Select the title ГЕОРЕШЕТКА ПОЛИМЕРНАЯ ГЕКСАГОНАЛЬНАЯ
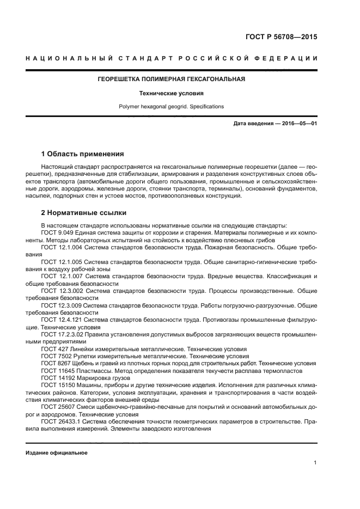point(171,79)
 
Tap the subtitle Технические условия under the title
point(171,93)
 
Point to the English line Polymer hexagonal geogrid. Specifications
point(171,107)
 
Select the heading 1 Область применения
point(83,154)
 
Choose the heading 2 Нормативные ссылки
point(84,213)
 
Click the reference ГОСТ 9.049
point(56,232)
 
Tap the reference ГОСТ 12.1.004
point(60,247)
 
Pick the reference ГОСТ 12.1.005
point(60,261)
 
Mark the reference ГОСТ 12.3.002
point(60,291)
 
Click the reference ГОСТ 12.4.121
point(60,320)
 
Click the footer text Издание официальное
point(57,453)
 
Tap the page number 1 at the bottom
point(315,463)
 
